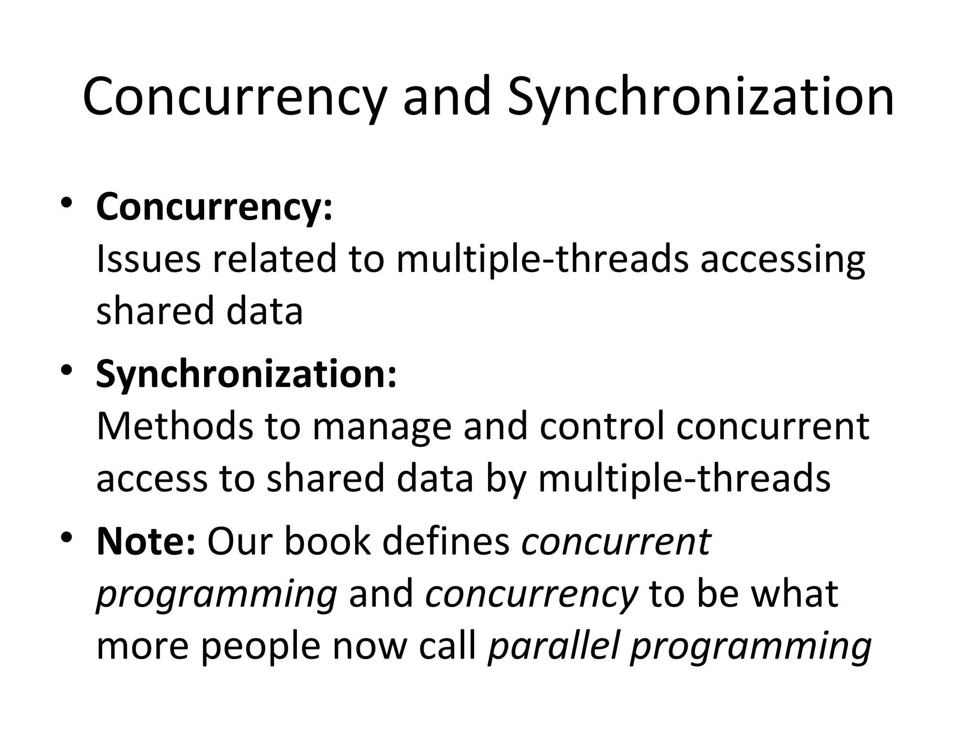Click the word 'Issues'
click(148, 259)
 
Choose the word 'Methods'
click(174, 426)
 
